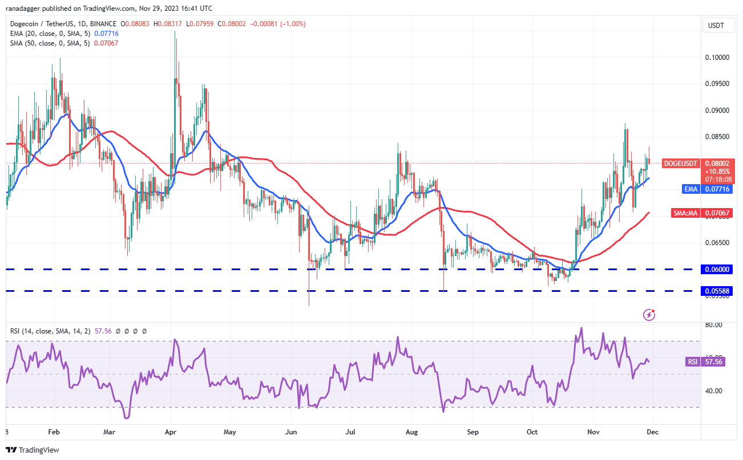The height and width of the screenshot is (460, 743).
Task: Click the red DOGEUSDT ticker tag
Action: (681, 164)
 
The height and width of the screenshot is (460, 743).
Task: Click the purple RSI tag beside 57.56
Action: (692, 361)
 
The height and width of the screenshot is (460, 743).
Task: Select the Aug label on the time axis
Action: (413, 432)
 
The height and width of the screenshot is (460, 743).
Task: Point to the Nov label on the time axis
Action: (594, 432)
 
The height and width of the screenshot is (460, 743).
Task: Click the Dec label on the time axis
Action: (652, 432)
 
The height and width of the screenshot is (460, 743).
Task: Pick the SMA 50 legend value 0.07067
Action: (107, 43)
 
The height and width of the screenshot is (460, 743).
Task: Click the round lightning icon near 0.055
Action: (649, 314)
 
